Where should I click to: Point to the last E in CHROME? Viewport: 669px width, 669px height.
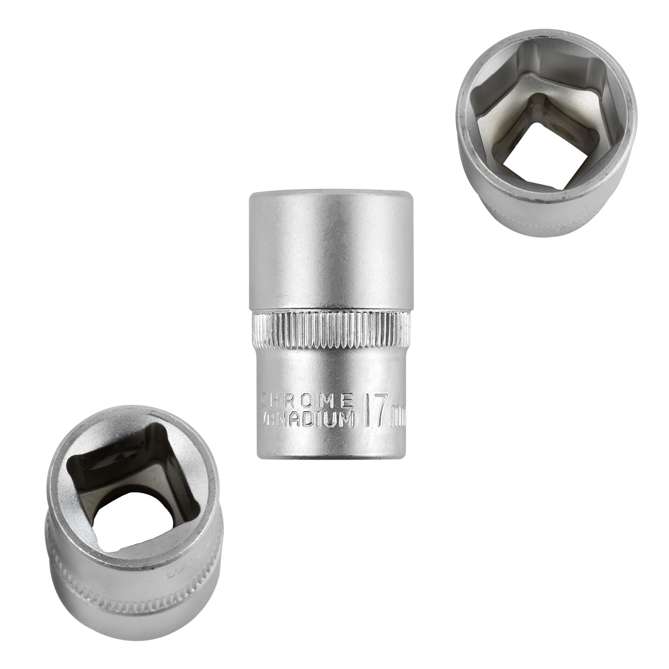coord(348,400)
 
